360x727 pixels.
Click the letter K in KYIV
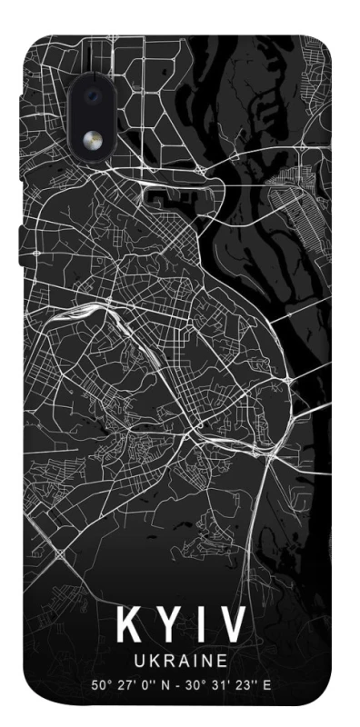click(127, 624)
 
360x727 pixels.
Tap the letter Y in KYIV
click(165, 624)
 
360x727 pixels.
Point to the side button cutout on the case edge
click(20, 236)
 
